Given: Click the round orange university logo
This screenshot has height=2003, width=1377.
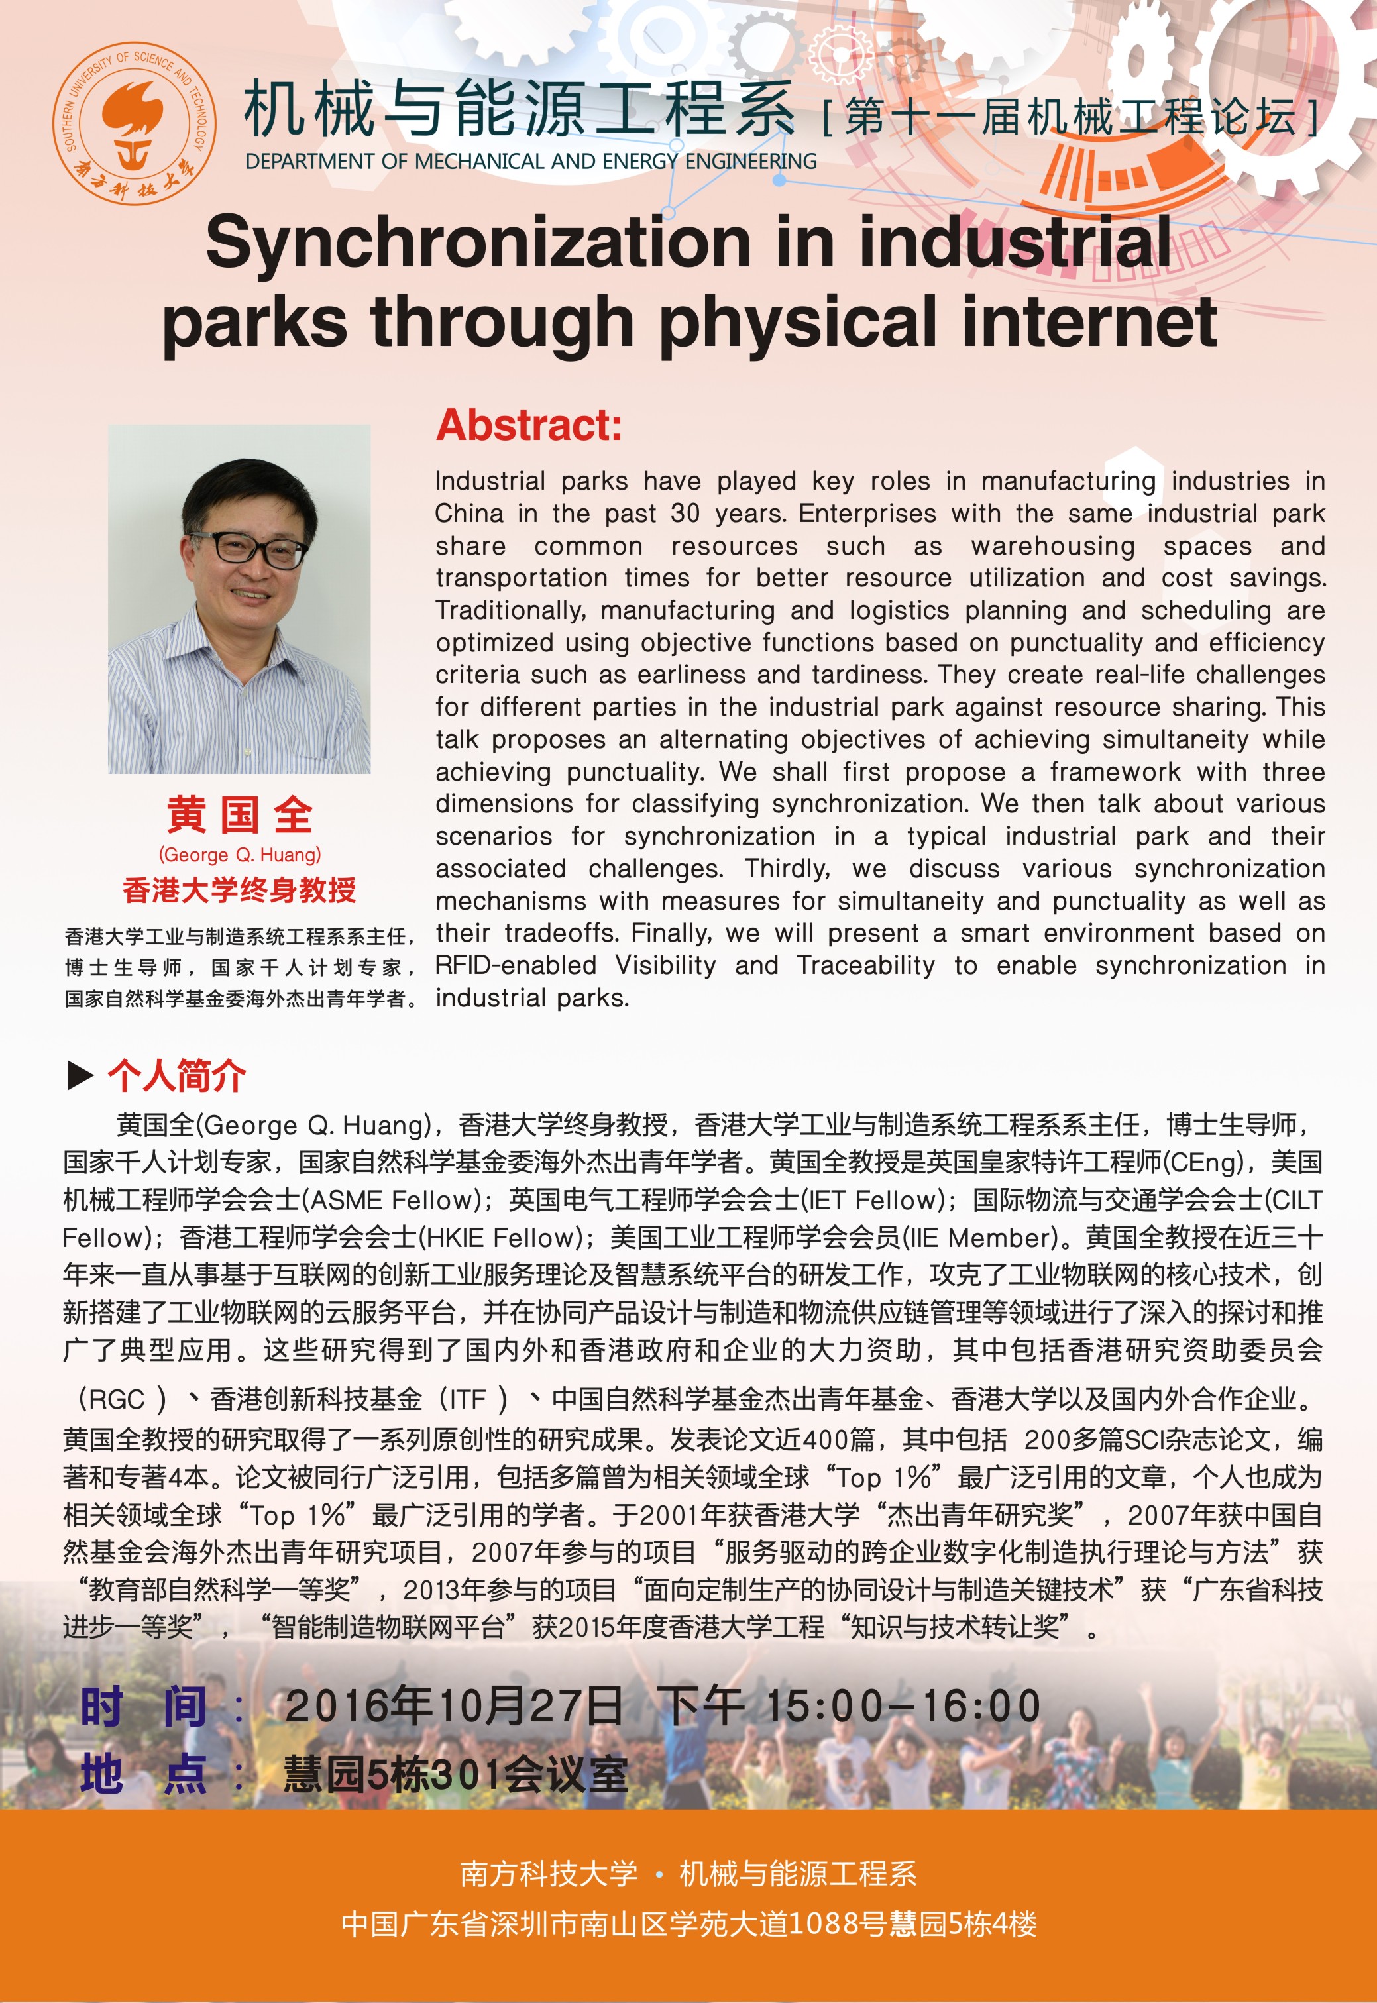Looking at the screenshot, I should (x=135, y=123).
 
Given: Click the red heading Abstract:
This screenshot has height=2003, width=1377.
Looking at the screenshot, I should (x=528, y=425).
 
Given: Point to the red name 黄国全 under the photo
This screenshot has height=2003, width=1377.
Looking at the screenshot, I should (x=239, y=815).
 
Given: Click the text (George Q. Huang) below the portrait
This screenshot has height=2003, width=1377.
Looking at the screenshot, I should (x=239, y=855).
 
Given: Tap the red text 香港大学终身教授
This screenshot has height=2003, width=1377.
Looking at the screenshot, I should (x=239, y=889).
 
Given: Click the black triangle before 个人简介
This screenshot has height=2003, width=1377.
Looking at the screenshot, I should (x=80, y=1075).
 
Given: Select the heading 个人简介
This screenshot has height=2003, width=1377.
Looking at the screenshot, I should (x=177, y=1075).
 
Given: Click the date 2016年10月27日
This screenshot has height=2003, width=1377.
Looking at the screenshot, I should (x=453, y=1705).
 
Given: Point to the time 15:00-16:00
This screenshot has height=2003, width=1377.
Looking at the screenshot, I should (x=903, y=1705).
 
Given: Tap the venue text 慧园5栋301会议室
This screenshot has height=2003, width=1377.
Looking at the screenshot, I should (x=455, y=1774).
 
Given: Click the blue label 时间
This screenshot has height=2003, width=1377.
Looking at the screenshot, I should (x=142, y=1706).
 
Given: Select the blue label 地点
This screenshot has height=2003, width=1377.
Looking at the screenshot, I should (x=142, y=1774).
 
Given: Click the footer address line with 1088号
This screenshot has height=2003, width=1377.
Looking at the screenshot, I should (x=688, y=1923).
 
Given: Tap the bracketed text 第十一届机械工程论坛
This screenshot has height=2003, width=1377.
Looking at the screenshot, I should (x=1070, y=117).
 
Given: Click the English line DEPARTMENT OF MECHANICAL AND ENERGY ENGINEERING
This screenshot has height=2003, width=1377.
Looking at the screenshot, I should (x=531, y=161).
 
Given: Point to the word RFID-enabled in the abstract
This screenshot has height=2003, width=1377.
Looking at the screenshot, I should (x=515, y=965).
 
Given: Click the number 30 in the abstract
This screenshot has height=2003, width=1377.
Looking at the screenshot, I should (x=685, y=514).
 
